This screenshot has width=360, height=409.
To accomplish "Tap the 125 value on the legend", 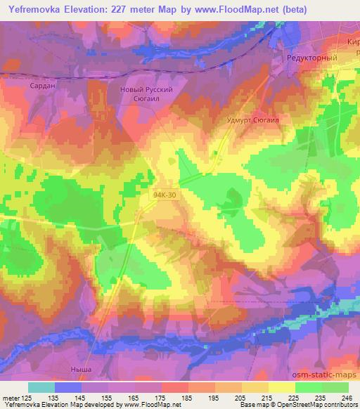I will [28, 397].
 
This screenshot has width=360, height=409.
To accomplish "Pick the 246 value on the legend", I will [347, 397].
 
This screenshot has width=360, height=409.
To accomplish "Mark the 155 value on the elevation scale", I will [108, 397].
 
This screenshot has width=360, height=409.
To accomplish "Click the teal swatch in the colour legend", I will [41, 387].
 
